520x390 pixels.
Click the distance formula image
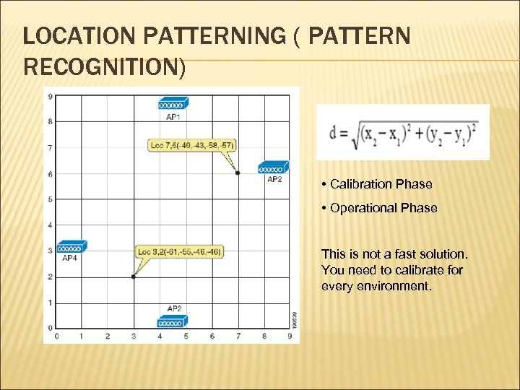pyautogui.click(x=402, y=133)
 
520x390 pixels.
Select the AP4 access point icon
pyautogui.click(x=71, y=246)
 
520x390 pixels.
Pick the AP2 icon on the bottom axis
pyautogui.click(x=173, y=321)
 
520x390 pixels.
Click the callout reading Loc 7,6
pyautogui.click(x=191, y=145)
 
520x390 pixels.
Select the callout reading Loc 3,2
pyautogui.click(x=179, y=251)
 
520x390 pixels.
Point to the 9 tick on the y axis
pyautogui.click(x=48, y=96)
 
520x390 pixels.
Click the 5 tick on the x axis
pyautogui.click(x=186, y=336)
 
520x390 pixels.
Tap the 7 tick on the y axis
pyautogui.click(x=48, y=148)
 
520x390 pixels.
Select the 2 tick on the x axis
pyautogui.click(x=108, y=336)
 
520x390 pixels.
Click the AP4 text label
pyautogui.click(x=69, y=258)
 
